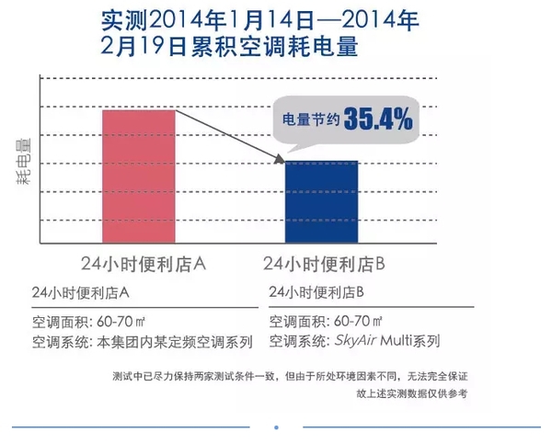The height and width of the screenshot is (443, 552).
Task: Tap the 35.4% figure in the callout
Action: (x=378, y=120)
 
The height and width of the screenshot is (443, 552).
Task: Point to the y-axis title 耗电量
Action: (x=23, y=162)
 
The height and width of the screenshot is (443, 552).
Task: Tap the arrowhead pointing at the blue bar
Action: (x=280, y=160)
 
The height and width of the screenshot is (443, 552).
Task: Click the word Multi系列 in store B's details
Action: (x=411, y=341)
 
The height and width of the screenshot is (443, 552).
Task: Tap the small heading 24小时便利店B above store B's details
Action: (x=317, y=292)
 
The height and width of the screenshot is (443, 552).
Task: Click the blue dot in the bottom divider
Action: (x=276, y=426)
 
